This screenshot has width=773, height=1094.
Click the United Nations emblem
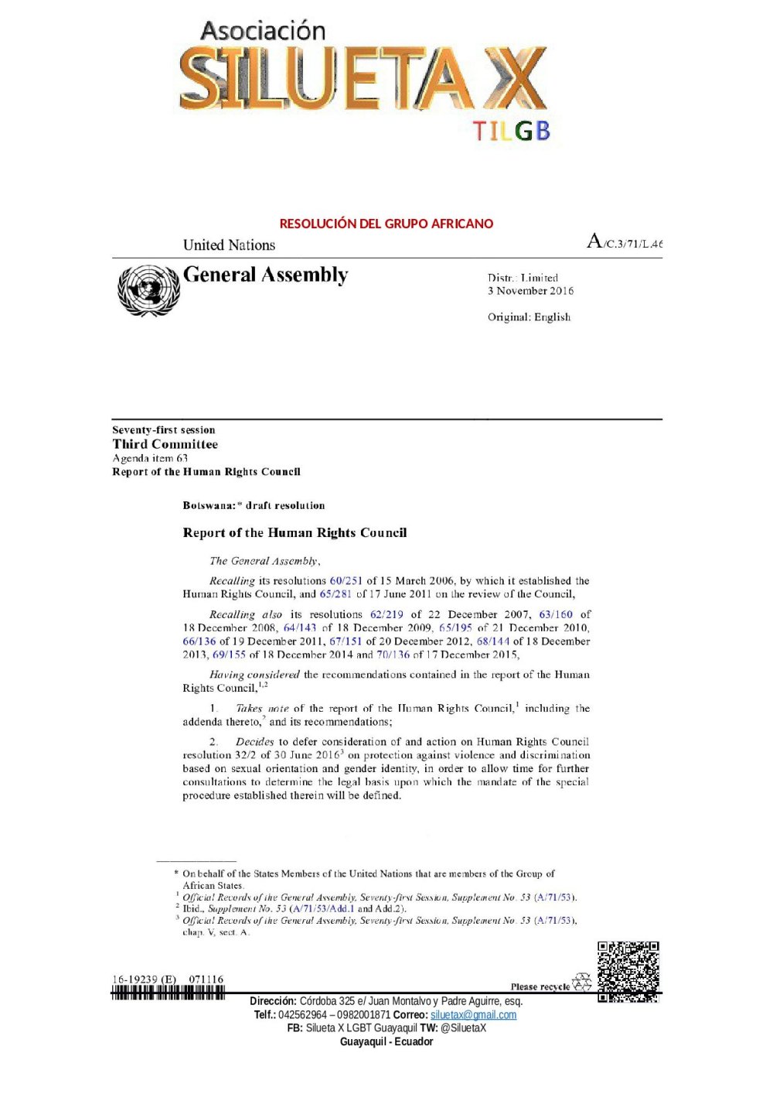tap(148, 290)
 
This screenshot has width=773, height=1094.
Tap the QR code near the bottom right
tap(628, 972)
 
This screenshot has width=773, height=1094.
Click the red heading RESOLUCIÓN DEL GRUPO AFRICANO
tap(386, 224)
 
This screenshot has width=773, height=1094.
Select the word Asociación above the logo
tap(263, 31)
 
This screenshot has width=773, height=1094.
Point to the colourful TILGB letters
tap(511, 131)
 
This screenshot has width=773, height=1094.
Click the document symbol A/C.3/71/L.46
tap(625, 242)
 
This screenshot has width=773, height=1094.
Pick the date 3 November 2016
tap(530, 291)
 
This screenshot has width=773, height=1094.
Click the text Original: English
tap(529, 316)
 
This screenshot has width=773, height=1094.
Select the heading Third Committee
tap(165, 444)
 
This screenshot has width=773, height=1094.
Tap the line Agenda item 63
tap(150, 458)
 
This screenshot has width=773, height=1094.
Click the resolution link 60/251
tap(346, 580)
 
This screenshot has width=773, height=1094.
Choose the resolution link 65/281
tap(335, 594)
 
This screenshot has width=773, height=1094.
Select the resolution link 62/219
tap(386, 614)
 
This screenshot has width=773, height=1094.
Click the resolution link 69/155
tap(229, 655)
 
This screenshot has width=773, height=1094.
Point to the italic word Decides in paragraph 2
tap(254, 741)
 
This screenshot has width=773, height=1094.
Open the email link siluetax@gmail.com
tap(473, 1014)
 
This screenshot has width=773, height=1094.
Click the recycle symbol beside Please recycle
tap(581, 983)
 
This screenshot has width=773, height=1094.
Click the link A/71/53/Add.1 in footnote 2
tap(323, 909)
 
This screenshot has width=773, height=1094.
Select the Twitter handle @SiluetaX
tap(463, 1027)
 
